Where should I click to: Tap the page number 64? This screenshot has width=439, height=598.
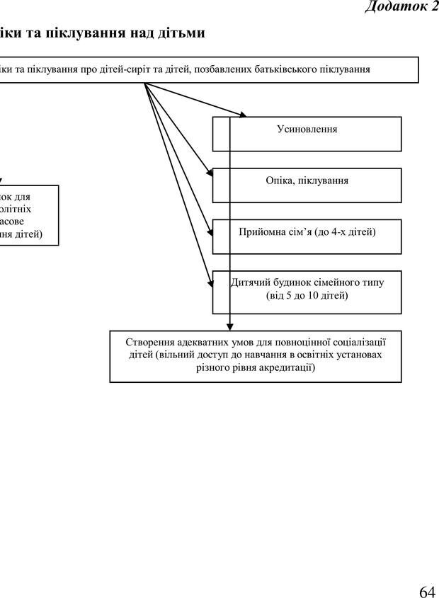[x=426, y=573]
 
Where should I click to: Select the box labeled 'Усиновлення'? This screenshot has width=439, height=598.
[x=307, y=134]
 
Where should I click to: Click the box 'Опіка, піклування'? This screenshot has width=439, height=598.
[x=307, y=185]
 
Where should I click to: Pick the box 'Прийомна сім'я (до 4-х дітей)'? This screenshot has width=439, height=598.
[x=307, y=236]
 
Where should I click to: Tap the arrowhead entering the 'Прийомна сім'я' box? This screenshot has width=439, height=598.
[x=210, y=231]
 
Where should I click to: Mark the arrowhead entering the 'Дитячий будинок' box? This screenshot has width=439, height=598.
[x=210, y=282]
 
